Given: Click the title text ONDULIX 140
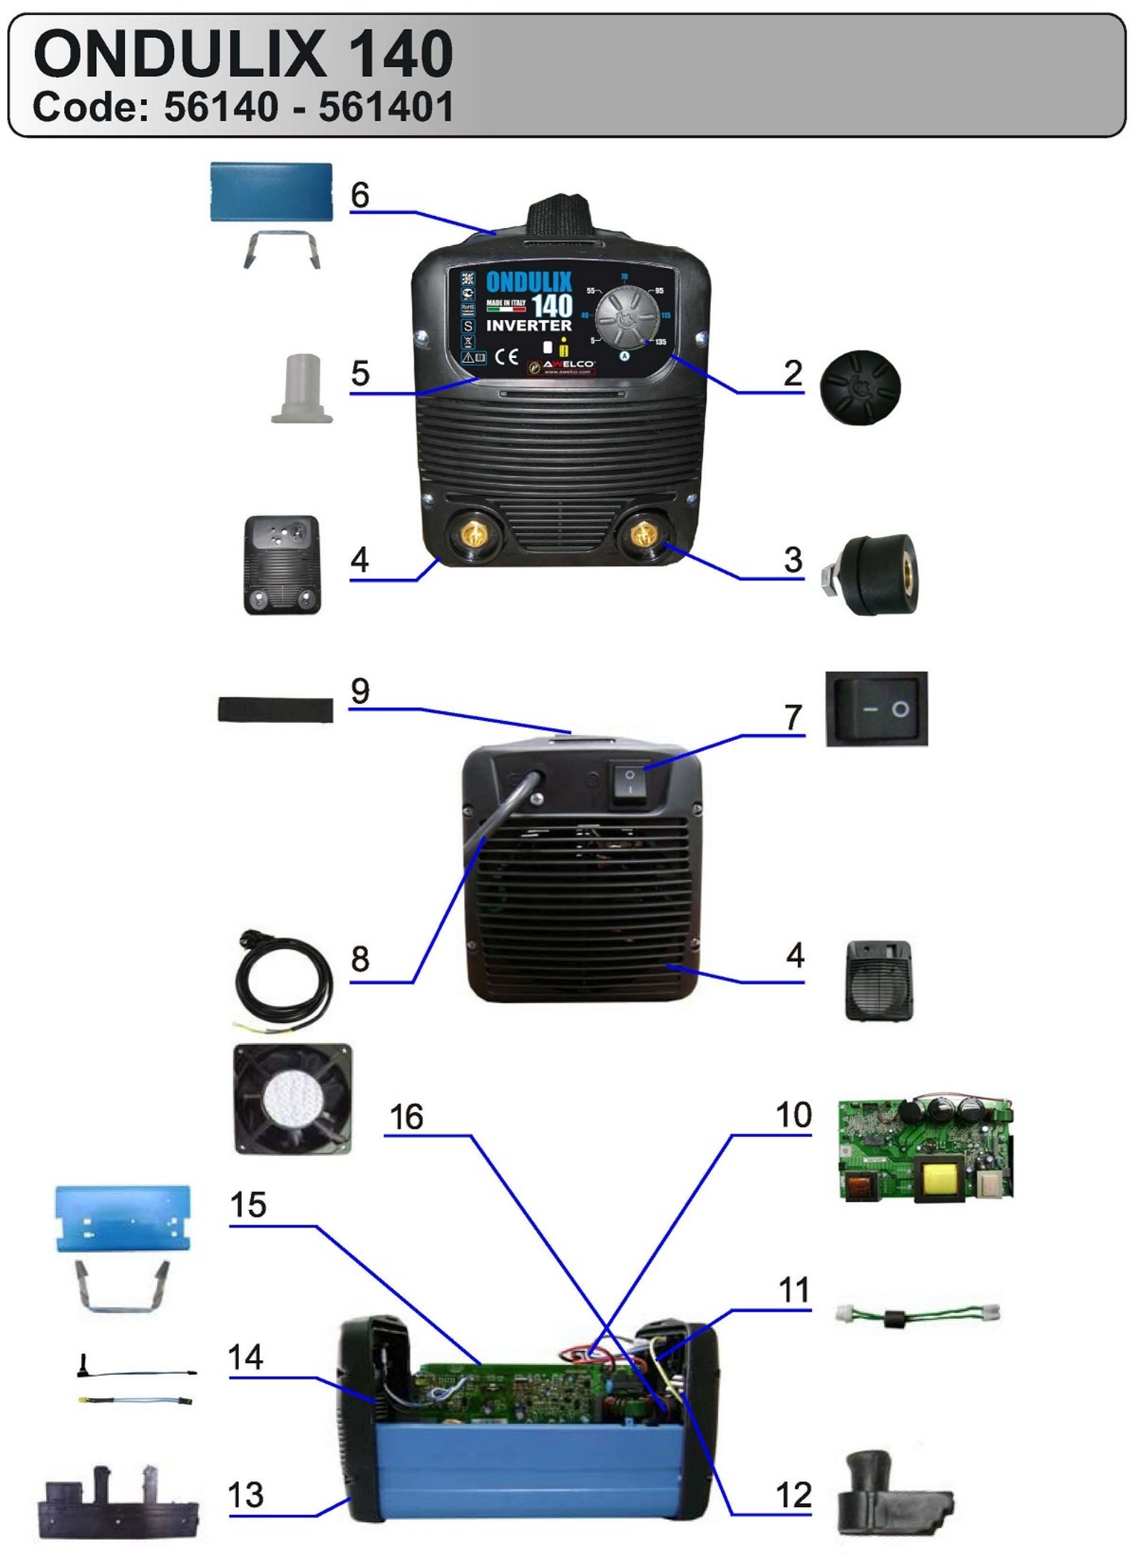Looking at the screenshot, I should point(242,54).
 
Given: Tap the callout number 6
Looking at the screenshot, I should point(360,195).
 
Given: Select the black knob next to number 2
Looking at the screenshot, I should point(860,387).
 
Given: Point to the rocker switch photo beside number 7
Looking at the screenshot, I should point(876,709).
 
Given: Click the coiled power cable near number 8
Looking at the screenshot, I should point(284,985).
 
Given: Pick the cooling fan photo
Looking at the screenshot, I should point(293,1099).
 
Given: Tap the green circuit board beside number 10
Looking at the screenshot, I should point(925,1149).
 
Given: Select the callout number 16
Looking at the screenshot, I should point(406,1116).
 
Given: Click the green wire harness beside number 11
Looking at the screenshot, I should point(917,1313).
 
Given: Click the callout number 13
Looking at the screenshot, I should point(246,1495).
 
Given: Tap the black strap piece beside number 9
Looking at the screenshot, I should point(275,709).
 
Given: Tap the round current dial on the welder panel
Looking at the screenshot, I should point(627,317).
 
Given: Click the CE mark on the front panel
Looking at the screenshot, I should point(506,356).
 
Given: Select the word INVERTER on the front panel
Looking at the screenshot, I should point(528,325).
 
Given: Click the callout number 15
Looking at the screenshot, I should point(248,1205).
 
